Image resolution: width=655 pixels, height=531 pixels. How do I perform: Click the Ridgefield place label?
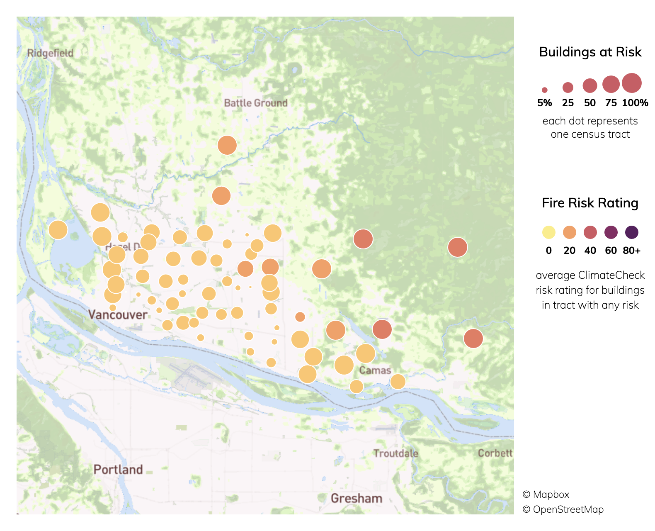(50, 53)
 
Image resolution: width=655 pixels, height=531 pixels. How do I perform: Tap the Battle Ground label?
(255, 103)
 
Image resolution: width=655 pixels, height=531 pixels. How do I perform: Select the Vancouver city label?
(118, 315)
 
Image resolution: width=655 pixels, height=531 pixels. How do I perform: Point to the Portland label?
(118, 470)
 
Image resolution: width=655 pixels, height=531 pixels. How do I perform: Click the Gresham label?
(356, 498)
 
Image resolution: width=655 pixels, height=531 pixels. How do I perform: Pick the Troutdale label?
(395, 453)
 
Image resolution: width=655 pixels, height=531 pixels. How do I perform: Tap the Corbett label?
(495, 453)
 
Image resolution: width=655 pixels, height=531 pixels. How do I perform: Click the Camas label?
(375, 370)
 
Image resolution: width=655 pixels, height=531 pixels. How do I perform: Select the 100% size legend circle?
(631, 83)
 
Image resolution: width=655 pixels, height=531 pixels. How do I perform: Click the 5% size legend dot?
(545, 90)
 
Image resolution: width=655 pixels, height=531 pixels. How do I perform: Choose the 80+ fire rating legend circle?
(631, 232)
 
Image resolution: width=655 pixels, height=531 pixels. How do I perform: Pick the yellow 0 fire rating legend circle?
(549, 232)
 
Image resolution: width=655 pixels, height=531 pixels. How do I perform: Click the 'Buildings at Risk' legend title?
(590, 52)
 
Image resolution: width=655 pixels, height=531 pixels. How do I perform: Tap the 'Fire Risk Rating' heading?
(590, 203)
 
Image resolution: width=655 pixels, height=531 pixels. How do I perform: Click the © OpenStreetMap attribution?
(563, 509)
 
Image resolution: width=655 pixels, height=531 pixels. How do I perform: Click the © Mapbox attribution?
(546, 494)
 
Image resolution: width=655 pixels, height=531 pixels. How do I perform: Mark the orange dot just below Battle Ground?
(227, 145)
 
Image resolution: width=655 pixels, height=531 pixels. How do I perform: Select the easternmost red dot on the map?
(473, 339)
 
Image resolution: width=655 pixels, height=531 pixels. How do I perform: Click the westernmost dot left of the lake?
(58, 230)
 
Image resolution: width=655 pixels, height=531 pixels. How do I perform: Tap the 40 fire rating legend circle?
(590, 232)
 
